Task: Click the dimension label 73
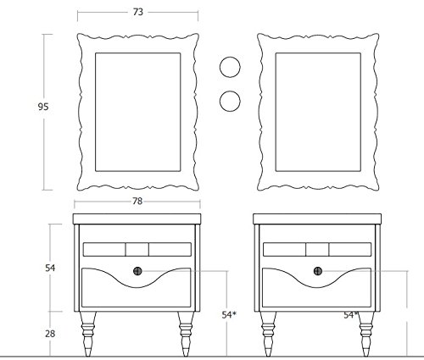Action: tap(138, 12)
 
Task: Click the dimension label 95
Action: tap(43, 107)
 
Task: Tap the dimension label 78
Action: tap(137, 201)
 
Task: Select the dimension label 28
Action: tap(50, 334)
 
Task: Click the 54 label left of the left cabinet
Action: tap(50, 268)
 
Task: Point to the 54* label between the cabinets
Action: tap(229, 314)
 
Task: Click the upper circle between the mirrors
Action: tap(230, 67)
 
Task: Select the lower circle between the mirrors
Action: tap(230, 101)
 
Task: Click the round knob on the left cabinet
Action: tap(137, 271)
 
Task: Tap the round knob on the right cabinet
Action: tap(318, 271)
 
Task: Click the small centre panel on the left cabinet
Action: tap(137, 249)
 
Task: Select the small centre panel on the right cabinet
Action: tap(317, 249)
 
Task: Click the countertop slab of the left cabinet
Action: tap(137, 219)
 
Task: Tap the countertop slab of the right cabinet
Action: tap(317, 219)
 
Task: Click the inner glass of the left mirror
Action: tap(138, 112)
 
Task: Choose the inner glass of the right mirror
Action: tap(318, 112)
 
